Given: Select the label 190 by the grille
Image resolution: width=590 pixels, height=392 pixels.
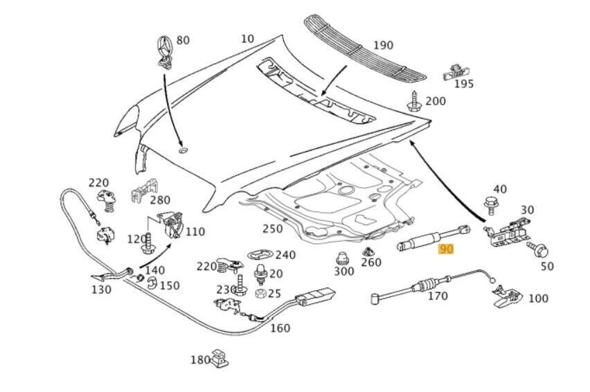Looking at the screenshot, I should (x=383, y=46).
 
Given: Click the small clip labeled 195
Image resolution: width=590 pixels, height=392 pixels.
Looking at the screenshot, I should (x=454, y=70).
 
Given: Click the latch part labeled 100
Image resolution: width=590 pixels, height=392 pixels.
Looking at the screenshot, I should (x=506, y=296).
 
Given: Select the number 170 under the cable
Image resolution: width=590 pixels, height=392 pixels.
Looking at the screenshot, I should (x=438, y=296).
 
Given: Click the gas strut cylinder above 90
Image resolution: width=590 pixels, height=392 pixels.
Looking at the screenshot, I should (x=418, y=242).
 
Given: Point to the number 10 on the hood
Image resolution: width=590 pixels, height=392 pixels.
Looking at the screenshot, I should (x=247, y=39).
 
